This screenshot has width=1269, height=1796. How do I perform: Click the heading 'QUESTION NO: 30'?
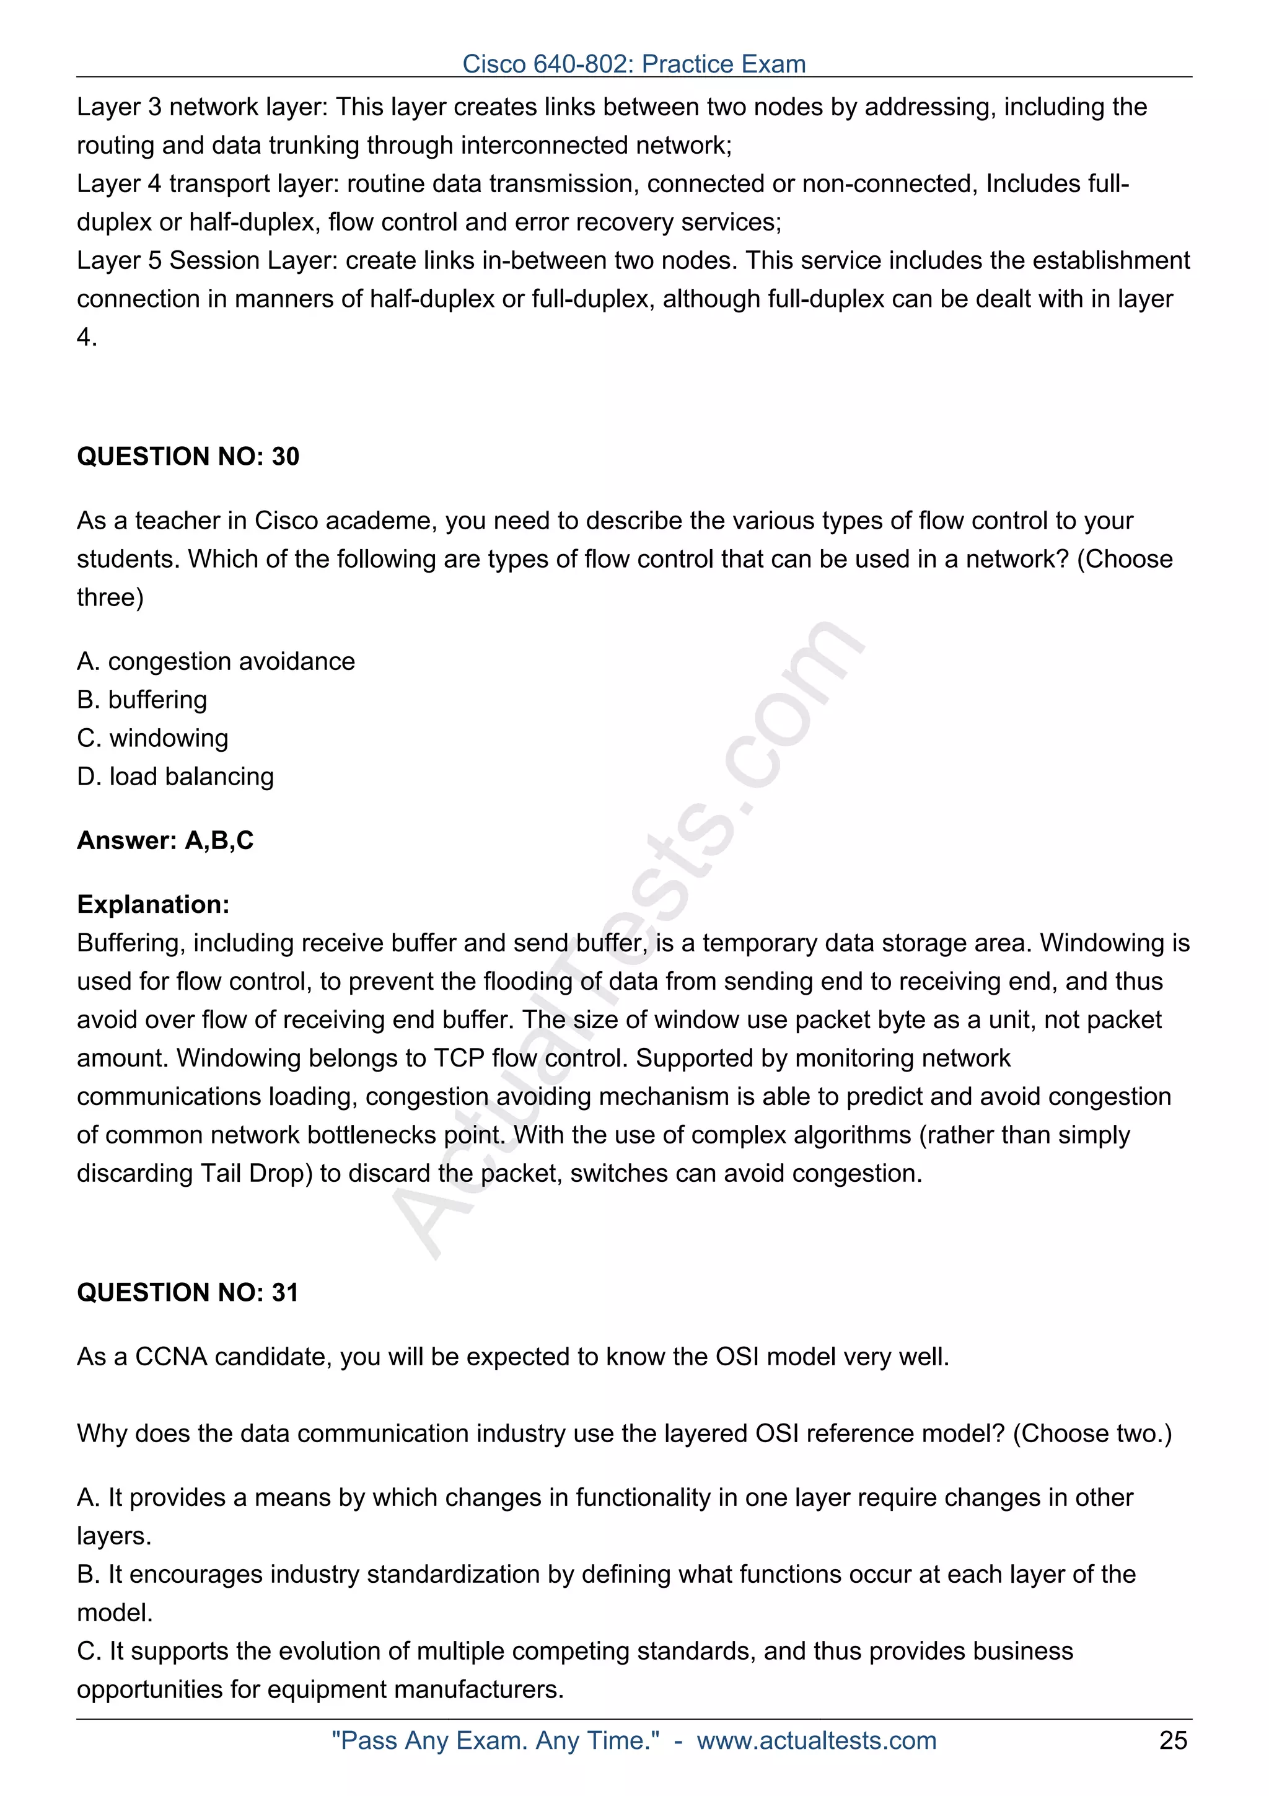[188, 456]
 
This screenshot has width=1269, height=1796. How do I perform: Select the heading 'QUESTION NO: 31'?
[188, 1292]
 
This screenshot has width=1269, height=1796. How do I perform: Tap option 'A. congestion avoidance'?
[216, 661]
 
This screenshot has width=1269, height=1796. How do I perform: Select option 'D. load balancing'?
[175, 776]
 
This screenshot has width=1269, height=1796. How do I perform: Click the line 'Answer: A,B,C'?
[165, 840]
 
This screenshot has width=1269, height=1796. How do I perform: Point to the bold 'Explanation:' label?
[153, 904]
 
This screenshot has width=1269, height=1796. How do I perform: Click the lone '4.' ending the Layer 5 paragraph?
[87, 337]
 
